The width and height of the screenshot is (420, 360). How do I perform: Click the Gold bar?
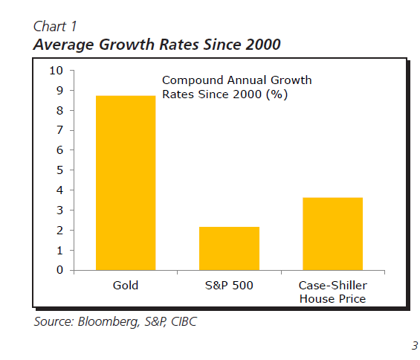coord(126,183)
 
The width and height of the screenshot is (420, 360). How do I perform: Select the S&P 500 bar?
coord(229,248)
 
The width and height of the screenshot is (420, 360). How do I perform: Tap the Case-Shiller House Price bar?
coord(333,234)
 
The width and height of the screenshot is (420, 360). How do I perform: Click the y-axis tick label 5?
coord(59,170)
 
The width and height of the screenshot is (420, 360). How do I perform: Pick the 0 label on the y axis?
coord(59,270)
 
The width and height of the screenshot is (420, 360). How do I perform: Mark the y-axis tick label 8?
coord(59,110)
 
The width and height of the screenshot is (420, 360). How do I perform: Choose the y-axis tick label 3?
coord(59,210)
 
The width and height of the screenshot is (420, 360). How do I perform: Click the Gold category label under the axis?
coord(126,285)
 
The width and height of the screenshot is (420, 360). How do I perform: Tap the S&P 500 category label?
coord(229,285)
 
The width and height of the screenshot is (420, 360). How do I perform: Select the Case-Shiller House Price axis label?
coord(333,292)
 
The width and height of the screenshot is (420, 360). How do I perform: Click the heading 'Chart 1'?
coord(55,26)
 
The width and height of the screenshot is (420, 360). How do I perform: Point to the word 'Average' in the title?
coord(63,45)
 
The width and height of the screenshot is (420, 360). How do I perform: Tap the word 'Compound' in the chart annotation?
coord(193,80)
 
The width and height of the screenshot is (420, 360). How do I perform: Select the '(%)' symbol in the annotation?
coord(277,94)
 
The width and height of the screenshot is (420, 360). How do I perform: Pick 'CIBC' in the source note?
coord(184,321)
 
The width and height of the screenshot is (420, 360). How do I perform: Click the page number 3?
coord(415,346)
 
